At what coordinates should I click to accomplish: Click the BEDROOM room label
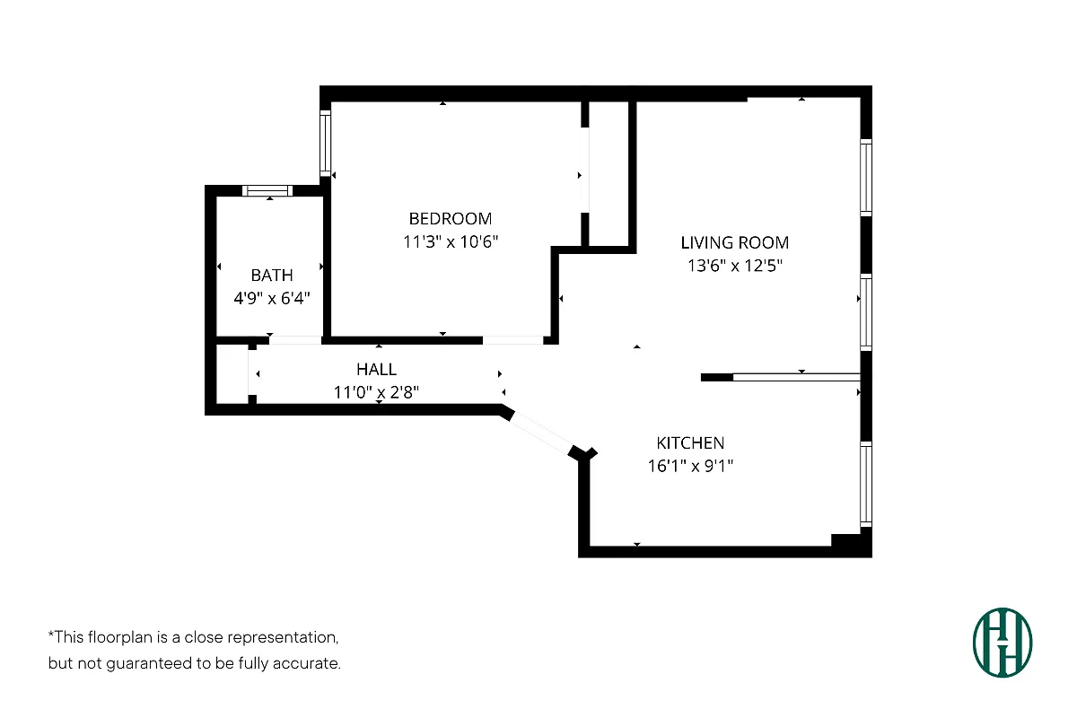451,218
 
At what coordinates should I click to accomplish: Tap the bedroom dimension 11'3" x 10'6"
451,241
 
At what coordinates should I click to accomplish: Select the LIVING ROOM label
734,242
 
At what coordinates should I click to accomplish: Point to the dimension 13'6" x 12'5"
734,266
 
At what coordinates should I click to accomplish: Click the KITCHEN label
690,442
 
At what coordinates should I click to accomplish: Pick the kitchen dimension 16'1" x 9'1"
690,466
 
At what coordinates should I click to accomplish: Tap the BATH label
272,276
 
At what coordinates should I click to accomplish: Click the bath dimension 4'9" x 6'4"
272,299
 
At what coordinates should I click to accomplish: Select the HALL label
376,369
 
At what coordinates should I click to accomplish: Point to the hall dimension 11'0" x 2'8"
376,392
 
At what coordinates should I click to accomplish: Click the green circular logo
1003,643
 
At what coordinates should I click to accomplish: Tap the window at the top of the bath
268,190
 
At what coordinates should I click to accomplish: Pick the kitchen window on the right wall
865,484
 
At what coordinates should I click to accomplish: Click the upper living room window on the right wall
865,177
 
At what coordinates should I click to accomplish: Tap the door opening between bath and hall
295,340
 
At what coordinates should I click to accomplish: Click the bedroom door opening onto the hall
512,340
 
